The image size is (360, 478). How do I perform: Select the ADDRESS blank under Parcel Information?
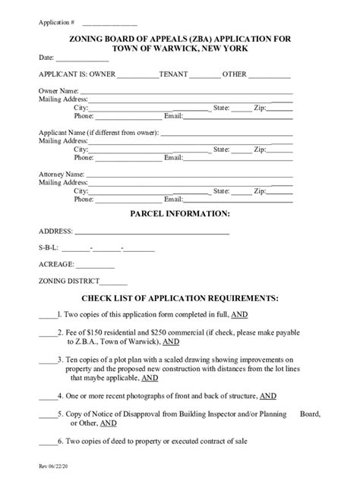[151, 231]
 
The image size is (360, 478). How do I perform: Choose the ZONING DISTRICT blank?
[114, 281]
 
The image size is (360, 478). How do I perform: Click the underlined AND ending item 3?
[150, 377]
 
